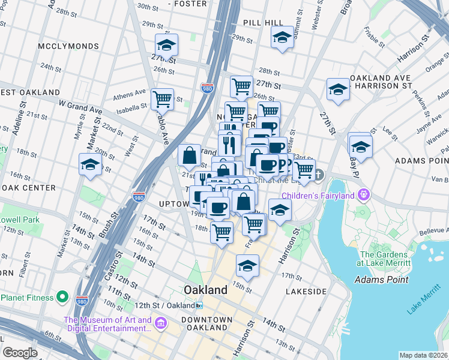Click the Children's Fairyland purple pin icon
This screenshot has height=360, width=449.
tap(363, 195)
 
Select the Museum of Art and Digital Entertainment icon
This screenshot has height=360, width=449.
tap(160, 325)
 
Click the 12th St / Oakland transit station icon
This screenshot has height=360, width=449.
tap(199, 305)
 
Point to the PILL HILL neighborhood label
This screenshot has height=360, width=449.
tap(263, 22)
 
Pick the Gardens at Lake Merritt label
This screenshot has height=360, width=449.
tap(382, 259)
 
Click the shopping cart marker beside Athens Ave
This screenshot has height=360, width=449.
tap(162, 98)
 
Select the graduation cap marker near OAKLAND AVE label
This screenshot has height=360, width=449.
tap(338, 90)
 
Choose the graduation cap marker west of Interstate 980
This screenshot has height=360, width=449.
tap(91, 164)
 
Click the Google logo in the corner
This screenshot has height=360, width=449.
tap(20, 353)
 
